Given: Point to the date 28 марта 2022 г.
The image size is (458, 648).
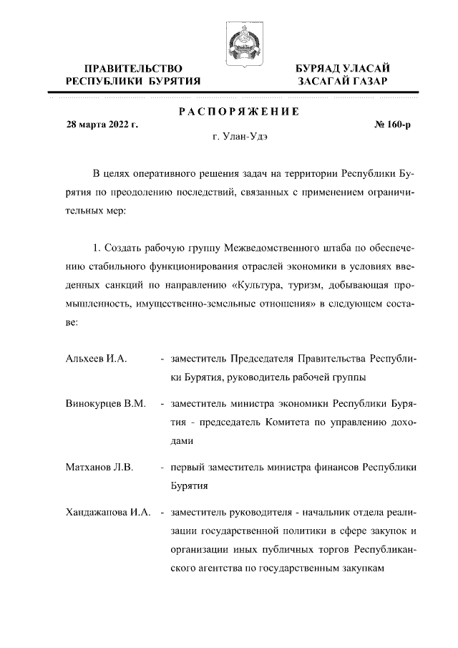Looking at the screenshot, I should tap(102, 125).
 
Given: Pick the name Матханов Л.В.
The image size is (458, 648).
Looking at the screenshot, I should tap(99, 468).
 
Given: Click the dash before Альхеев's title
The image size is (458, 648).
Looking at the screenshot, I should tap(163, 358).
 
